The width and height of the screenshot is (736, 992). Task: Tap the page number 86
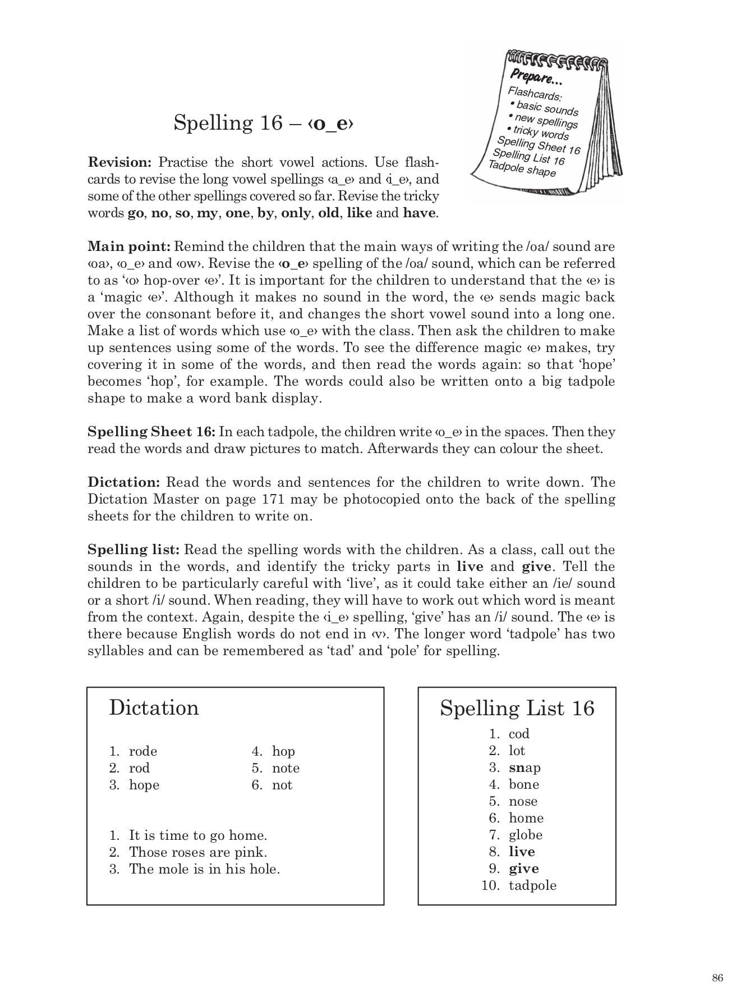coord(717,977)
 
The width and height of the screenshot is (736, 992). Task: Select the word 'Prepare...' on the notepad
coord(531,77)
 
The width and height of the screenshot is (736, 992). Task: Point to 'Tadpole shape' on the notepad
coord(522,168)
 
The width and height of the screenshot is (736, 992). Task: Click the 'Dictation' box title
coord(154,708)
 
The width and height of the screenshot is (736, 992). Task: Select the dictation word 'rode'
coord(143,751)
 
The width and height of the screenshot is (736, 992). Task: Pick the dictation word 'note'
coord(286,768)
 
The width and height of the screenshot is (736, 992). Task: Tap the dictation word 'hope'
coord(144,785)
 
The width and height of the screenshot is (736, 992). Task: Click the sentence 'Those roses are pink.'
coord(198,852)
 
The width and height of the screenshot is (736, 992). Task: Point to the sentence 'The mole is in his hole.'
coord(204,869)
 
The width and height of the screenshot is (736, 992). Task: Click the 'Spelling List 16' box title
coord(517,708)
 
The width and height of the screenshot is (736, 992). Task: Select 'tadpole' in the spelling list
coord(532,885)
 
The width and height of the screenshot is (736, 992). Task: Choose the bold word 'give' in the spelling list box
coord(523,868)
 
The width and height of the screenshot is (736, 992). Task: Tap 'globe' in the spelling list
coord(526,835)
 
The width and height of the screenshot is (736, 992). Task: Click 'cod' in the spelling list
coord(519,734)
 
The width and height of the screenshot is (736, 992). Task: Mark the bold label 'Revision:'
coord(120,162)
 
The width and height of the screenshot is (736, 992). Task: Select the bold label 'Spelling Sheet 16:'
coord(151,432)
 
